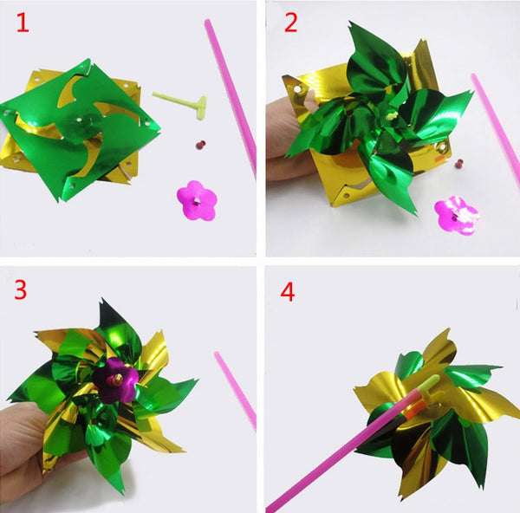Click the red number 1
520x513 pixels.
(x=22, y=23)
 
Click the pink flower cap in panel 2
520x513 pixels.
(x=457, y=212)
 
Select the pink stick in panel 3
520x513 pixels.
(x=236, y=390)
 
